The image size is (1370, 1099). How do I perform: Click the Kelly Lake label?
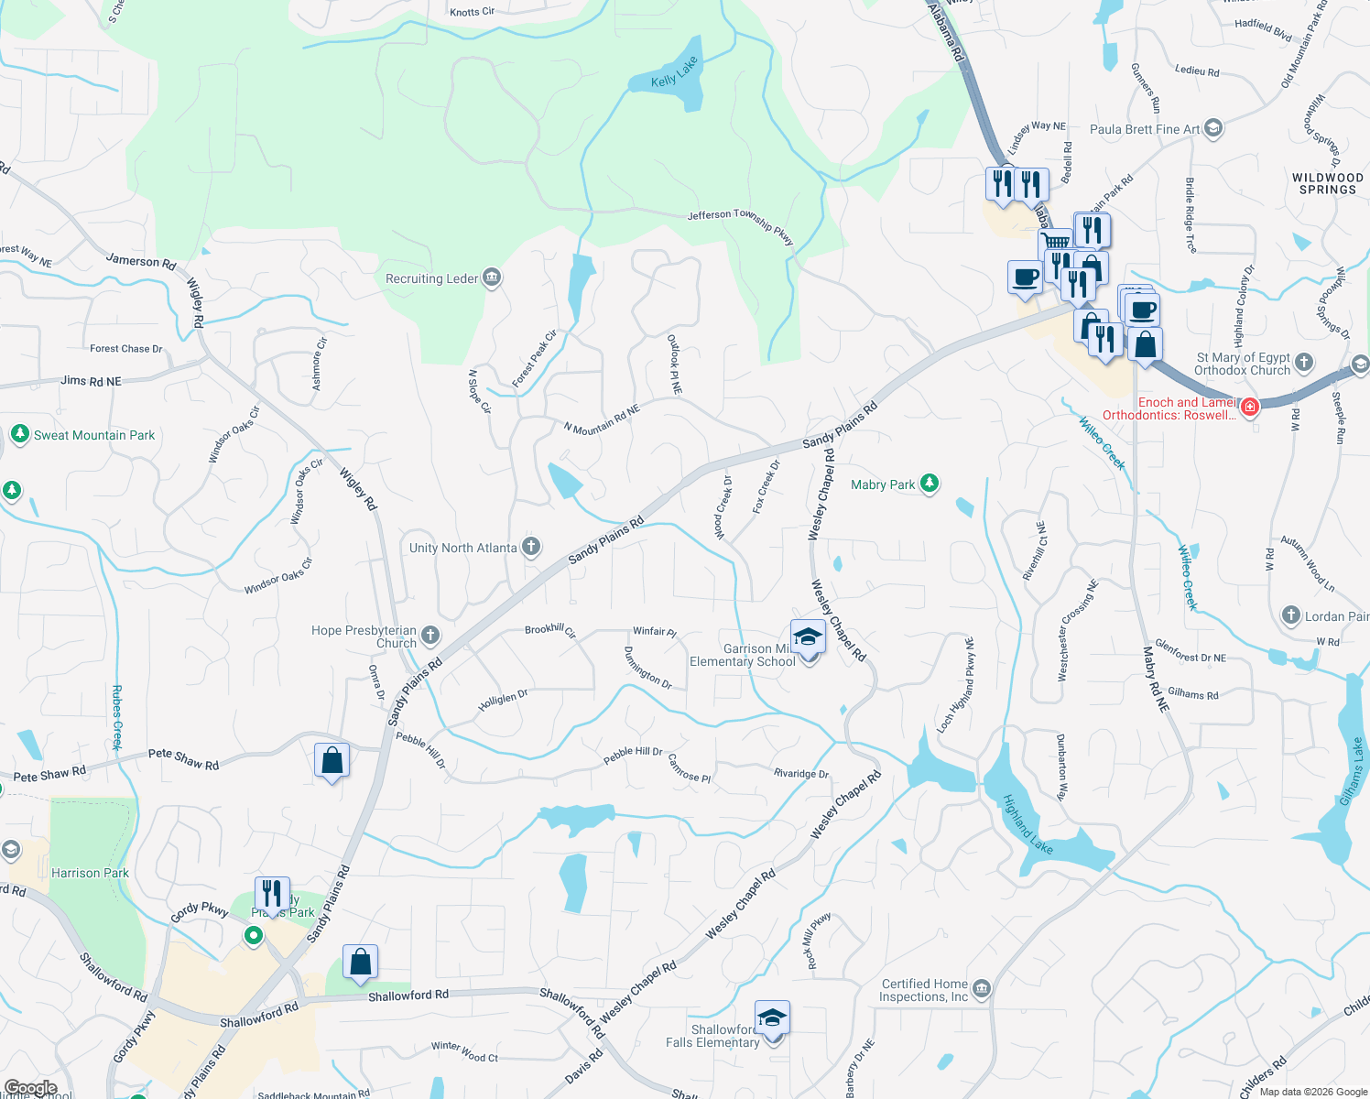[x=674, y=72]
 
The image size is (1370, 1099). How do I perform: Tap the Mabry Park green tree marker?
[x=930, y=484]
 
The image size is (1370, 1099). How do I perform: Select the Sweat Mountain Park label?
[x=94, y=435]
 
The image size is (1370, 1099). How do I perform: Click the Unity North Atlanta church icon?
[x=531, y=548]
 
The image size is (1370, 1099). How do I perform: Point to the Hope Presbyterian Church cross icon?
[x=430, y=636]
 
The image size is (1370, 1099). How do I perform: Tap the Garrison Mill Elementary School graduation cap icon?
[x=808, y=636]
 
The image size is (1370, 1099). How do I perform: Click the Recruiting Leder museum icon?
[x=492, y=277]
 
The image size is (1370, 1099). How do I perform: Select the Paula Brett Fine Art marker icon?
[x=1213, y=128]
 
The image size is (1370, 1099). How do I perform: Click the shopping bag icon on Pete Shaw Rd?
[x=332, y=761]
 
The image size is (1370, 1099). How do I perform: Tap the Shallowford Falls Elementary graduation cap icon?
[x=772, y=1018]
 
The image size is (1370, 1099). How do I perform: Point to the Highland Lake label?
[x=1027, y=824]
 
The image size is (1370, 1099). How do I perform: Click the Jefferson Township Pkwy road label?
[x=740, y=225]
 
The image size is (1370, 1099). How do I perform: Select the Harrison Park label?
[x=90, y=873]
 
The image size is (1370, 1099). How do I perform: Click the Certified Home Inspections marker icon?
[x=982, y=988]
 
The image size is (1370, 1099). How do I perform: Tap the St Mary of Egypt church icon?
[x=1304, y=363]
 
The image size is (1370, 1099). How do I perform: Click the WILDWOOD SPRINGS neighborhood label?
[x=1327, y=183]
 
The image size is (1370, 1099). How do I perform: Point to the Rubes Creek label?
[x=117, y=717]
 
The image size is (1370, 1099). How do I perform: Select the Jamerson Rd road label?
[x=141, y=261]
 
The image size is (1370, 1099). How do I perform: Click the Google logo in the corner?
[x=30, y=1088]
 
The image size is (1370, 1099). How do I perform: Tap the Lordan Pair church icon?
[x=1290, y=615]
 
